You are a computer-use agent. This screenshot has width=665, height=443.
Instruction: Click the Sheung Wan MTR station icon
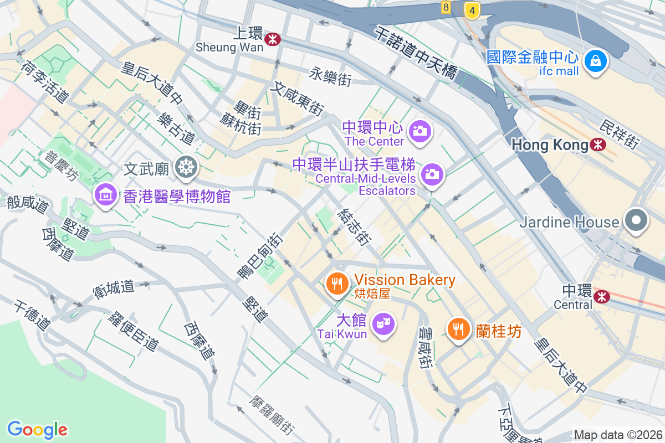272,39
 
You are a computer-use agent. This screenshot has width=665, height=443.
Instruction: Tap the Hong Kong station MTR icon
598,145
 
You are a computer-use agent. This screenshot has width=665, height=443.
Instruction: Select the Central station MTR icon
601,297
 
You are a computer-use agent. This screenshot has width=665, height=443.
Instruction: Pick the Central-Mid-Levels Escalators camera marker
432,174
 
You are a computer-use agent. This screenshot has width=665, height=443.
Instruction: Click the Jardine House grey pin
636,221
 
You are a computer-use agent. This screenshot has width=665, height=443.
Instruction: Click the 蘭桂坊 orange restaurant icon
458,329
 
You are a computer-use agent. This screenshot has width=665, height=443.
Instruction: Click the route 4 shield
472,9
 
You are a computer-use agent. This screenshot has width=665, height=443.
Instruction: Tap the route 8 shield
446,7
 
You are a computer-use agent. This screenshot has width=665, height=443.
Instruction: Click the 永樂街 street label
331,76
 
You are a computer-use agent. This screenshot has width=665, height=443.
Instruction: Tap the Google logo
37,429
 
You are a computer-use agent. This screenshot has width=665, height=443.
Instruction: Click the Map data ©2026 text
617,435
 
